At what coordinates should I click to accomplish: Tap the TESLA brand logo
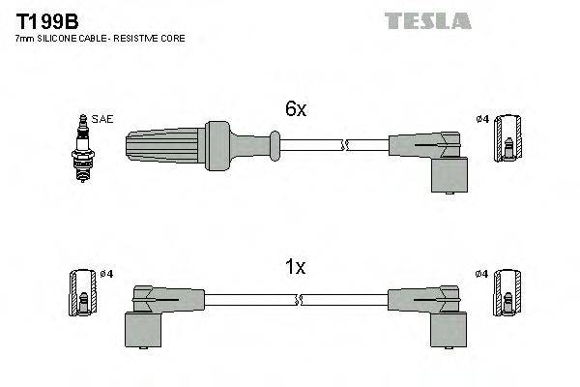tap(427, 20)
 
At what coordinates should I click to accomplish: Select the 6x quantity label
tap(295, 110)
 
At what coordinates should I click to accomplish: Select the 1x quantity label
tap(295, 268)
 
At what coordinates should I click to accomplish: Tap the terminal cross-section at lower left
tap(84, 292)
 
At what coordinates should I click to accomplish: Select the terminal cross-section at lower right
tap(507, 292)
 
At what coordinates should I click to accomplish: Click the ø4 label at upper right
tap(481, 120)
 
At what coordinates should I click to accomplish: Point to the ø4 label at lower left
tap(107, 274)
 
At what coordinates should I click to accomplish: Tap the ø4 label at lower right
tap(481, 274)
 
